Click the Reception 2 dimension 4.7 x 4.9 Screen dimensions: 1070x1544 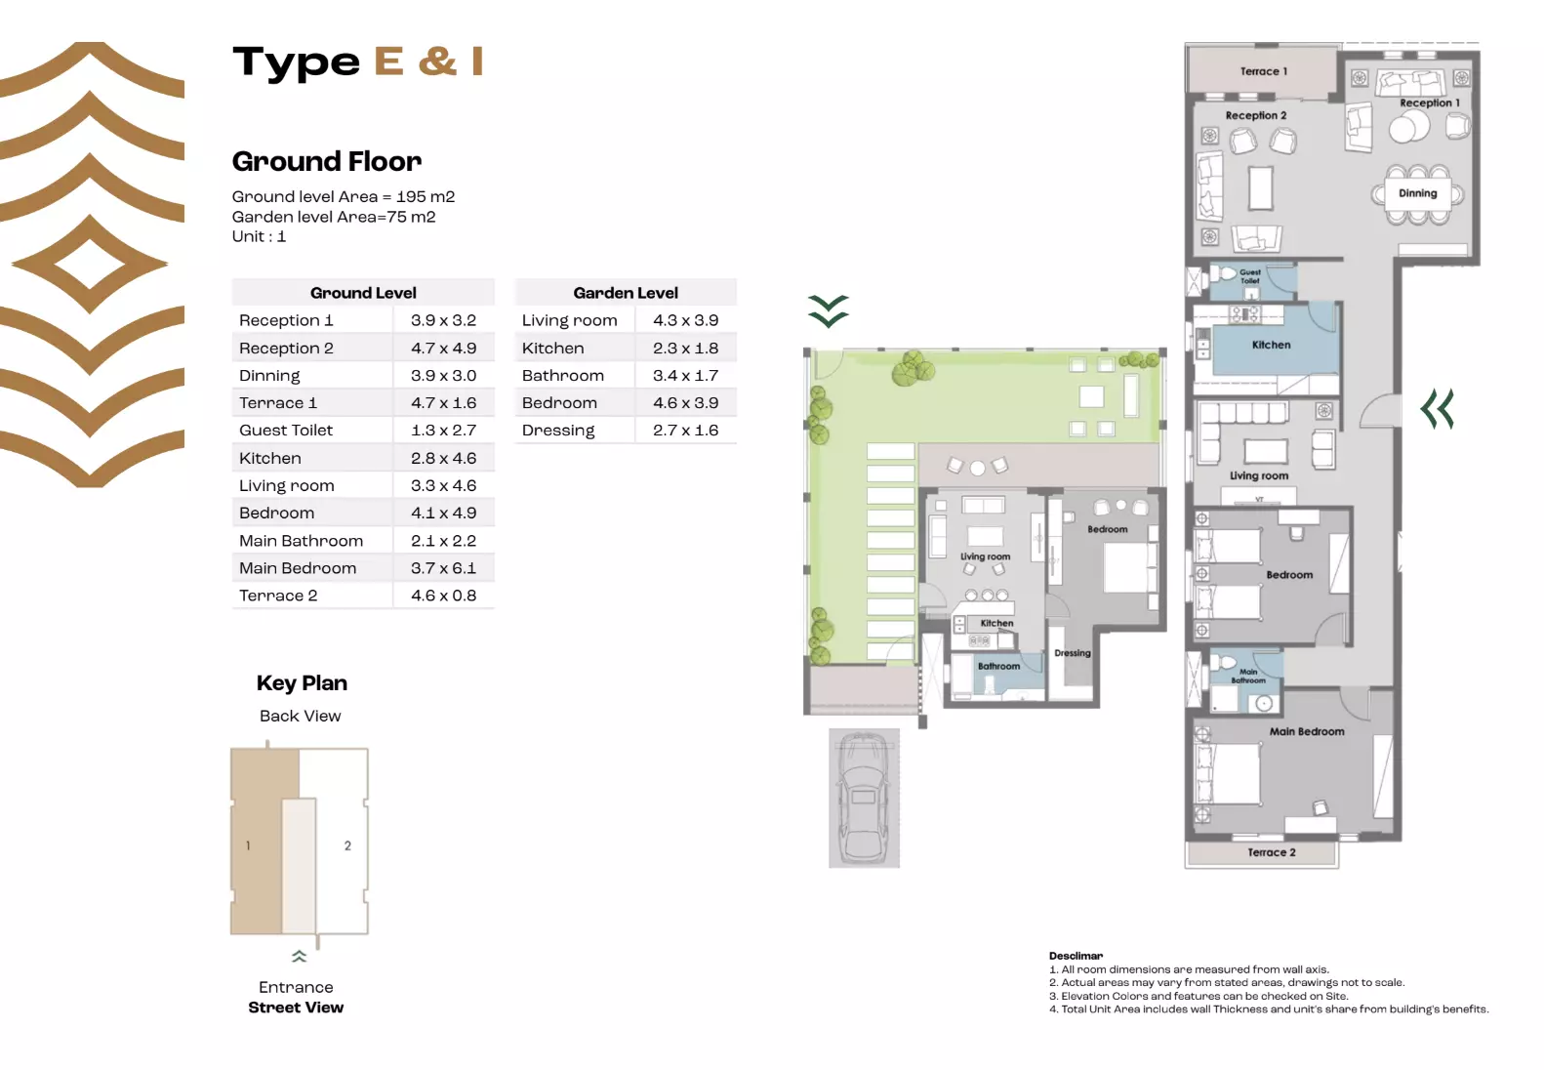tap(443, 349)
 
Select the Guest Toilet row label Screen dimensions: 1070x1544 tap(286, 431)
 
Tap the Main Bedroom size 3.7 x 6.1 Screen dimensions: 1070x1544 tap(443, 568)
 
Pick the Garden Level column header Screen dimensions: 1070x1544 tap(626, 293)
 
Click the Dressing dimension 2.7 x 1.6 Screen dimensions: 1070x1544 tap(685, 431)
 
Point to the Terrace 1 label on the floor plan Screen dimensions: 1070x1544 tap(1263, 71)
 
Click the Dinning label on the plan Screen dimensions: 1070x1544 tap(1417, 193)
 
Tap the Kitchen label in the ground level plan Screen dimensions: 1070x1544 tap(1271, 345)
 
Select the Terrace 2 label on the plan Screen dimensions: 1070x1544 tap(1271, 852)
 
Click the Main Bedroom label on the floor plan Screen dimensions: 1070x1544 tap(1306, 731)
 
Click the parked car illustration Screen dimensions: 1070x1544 tap(864, 799)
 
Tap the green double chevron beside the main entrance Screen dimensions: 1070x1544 tap(1438, 409)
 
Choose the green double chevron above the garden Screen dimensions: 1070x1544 tap(829, 310)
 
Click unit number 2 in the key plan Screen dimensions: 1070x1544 tap(347, 845)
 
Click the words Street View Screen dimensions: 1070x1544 tap(296, 1008)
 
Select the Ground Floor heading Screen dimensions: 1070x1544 tap(326, 161)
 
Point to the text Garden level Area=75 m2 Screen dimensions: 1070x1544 tap(334, 217)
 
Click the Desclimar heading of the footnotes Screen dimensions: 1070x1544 tap(1076, 956)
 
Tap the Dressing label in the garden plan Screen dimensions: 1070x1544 tap(1072, 653)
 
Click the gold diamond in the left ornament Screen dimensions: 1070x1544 tap(90, 264)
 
